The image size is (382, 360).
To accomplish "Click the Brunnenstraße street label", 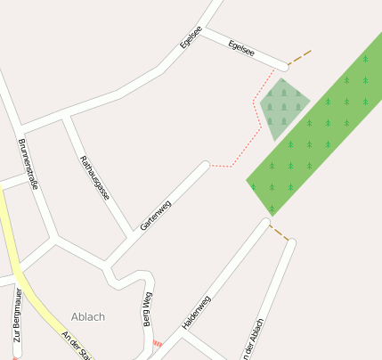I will pos(27,166).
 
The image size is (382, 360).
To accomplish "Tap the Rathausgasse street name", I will pos(95,178).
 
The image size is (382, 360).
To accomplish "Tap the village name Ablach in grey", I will pos(88,316).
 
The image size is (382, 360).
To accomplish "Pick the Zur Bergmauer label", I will pos(16,323).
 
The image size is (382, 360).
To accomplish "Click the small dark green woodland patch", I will pos(284,107).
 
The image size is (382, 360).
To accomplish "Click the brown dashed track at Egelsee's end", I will pos(300,57).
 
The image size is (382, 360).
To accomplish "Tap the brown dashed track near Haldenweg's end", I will pos(280,233).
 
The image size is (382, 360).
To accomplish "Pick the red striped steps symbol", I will pos(158,343).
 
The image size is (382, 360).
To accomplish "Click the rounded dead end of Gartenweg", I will pos(205,166).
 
